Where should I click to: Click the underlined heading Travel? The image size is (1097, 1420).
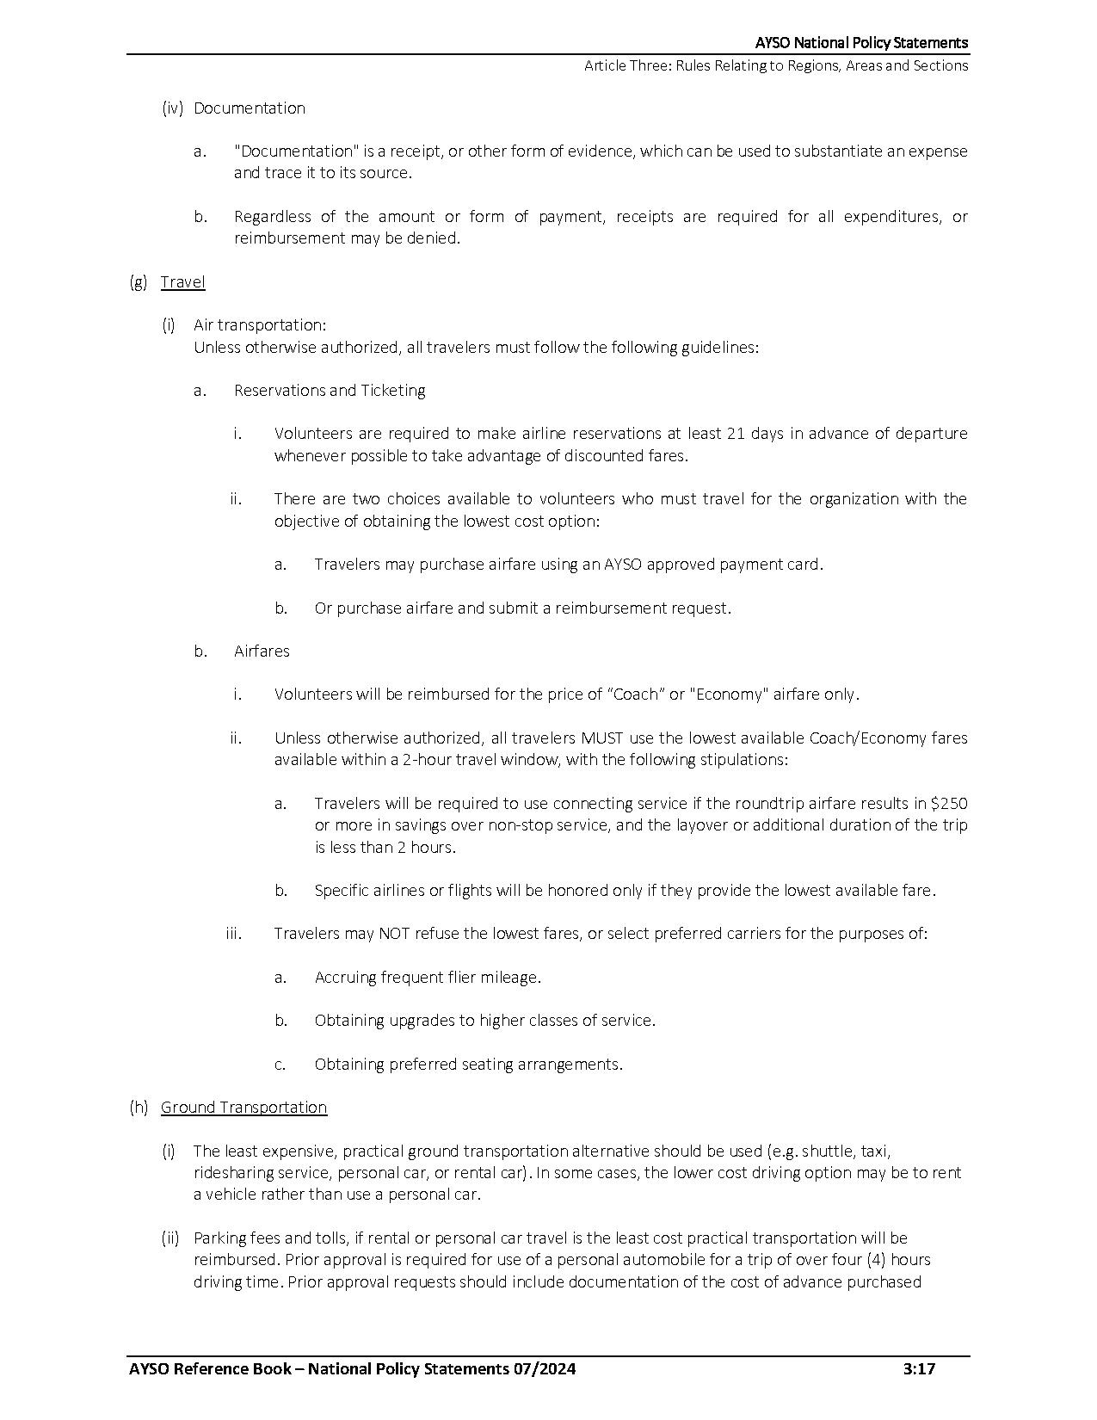pos(182,282)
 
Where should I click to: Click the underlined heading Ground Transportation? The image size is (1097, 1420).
pos(243,1108)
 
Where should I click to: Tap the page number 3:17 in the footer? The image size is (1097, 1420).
pos(919,1369)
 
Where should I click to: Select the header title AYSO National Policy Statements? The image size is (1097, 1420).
pos(861,43)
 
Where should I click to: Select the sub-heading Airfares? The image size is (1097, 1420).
pos(262,651)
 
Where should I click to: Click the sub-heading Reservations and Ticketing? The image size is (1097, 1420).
pos(330,391)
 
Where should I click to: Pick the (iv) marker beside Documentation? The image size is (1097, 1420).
pos(173,108)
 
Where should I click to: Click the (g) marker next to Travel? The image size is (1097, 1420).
pos(139,282)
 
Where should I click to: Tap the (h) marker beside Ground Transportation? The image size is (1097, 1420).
pos(139,1108)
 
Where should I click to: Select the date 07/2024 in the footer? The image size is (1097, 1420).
pos(543,1369)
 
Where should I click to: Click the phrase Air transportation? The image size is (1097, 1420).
pos(260,325)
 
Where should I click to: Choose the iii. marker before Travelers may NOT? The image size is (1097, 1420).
pos(233,934)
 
